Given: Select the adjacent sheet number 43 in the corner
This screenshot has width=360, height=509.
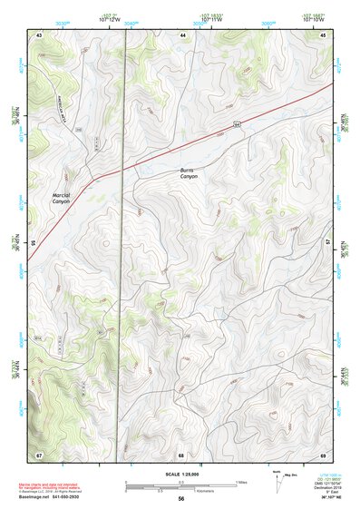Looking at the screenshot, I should click(39, 34).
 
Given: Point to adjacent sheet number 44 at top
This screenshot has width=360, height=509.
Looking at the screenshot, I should click(182, 34).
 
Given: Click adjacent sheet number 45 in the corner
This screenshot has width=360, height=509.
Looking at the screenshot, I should click(324, 34).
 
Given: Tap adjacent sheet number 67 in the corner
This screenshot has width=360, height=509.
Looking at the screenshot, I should click(39, 454).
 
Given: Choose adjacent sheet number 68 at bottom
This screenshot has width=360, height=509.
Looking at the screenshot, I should click(181, 454).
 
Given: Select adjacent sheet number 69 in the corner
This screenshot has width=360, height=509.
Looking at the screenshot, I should click(323, 454).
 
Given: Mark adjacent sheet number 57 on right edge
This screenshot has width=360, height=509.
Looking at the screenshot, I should click(328, 243).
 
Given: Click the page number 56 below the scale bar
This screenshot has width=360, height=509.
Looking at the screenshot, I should click(181, 499).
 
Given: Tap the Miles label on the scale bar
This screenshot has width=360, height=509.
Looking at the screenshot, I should click(240, 481).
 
